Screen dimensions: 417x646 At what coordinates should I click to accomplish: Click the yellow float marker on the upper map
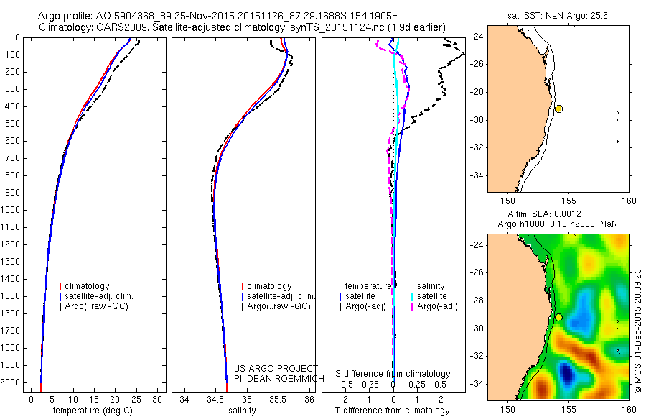(x=558, y=109)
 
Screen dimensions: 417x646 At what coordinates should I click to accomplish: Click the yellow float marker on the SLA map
(x=558, y=317)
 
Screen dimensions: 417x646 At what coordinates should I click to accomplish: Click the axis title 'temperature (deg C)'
(x=95, y=410)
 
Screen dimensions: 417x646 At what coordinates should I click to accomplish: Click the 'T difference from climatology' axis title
(x=392, y=410)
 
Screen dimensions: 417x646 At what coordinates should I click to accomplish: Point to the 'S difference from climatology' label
(x=393, y=374)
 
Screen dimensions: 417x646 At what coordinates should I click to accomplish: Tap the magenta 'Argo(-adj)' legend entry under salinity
(x=437, y=306)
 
